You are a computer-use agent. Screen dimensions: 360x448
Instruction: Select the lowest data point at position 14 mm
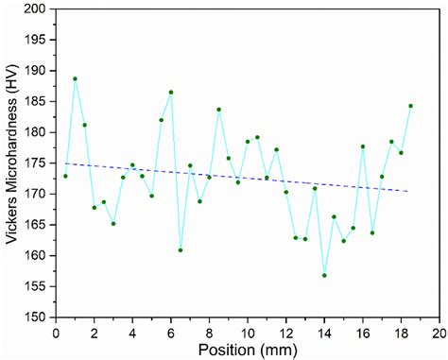324,276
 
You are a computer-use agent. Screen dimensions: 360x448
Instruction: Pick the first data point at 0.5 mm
65,177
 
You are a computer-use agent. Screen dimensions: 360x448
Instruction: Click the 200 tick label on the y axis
34,9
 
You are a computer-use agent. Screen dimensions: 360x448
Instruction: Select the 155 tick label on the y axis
34,286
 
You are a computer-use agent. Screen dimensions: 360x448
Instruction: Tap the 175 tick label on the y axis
34,163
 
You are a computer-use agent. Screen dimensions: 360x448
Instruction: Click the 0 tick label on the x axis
56,333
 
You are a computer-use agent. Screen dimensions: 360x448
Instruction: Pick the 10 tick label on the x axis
248,333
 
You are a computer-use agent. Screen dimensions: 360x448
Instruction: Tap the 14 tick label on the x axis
324,333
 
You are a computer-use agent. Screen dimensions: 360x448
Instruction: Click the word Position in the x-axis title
223,350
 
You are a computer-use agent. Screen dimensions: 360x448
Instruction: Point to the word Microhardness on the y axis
11,161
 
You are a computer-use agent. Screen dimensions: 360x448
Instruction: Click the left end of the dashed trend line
65,163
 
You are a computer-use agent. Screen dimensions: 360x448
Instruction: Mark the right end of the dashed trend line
411,192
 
